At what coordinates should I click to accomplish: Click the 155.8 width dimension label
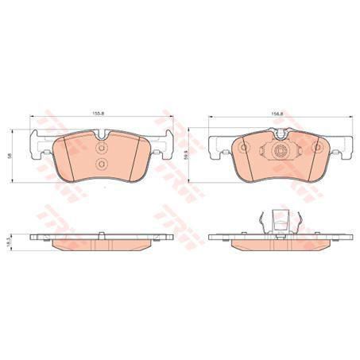point(99,112)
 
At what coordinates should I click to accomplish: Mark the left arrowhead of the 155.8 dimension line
point(32,118)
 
